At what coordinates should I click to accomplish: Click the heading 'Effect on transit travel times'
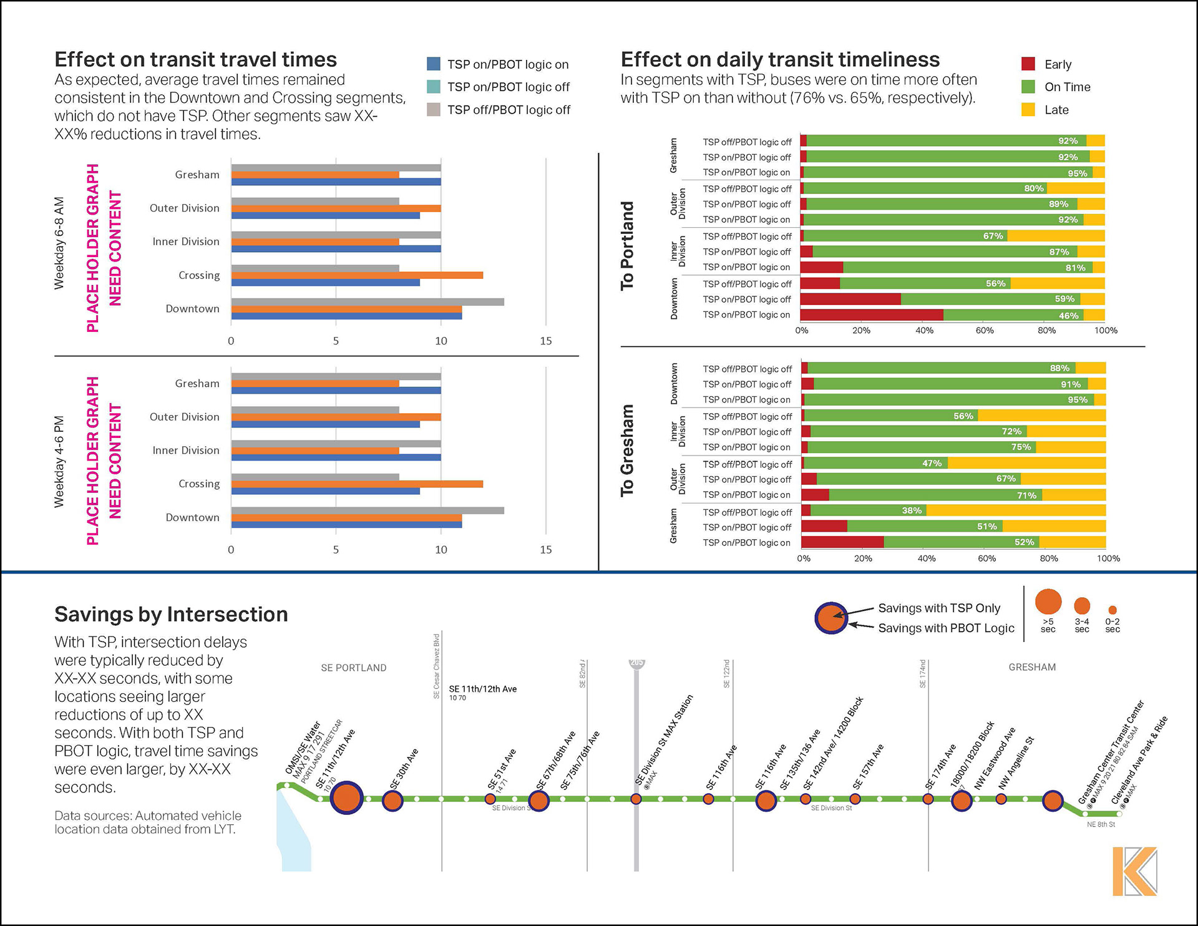[x=195, y=60]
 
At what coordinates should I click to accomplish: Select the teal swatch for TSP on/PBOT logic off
[x=434, y=87]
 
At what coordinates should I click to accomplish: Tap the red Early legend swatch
[x=1028, y=64]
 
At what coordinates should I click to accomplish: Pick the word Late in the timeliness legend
[x=1056, y=110]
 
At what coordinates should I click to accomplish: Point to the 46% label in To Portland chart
[x=1068, y=316]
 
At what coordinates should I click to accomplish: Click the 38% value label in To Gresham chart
[x=912, y=511]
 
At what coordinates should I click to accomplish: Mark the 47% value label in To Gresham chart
[x=932, y=464]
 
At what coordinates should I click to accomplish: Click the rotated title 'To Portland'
[x=627, y=246]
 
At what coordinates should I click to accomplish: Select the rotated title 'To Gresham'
[x=627, y=451]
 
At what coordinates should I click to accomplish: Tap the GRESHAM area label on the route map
[x=1032, y=668]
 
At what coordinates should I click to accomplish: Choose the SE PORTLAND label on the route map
[x=353, y=668]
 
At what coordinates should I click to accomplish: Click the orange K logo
[x=1134, y=871]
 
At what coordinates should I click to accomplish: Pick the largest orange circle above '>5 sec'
[x=1048, y=602]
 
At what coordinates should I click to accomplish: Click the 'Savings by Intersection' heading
[x=171, y=615]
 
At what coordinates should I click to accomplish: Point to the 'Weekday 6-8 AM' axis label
[x=59, y=243]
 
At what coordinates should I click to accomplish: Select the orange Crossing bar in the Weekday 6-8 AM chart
[x=357, y=275]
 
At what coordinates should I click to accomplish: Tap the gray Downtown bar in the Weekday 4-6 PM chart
[x=367, y=510]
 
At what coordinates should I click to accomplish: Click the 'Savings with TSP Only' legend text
[x=938, y=608]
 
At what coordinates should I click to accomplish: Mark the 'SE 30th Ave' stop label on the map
[x=404, y=769]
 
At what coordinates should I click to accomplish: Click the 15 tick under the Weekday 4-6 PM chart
[x=545, y=550]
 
